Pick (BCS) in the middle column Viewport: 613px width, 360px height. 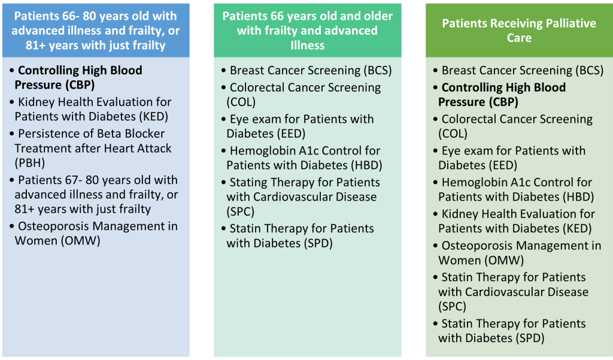pyautogui.click(x=378, y=71)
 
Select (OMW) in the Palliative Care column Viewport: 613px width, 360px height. pyautogui.click(x=504, y=261)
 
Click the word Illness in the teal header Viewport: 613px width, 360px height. pyautogui.click(x=307, y=46)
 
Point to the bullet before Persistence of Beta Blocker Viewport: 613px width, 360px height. pyautogui.click(x=12, y=134)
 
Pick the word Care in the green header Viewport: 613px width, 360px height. pyautogui.click(x=519, y=38)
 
